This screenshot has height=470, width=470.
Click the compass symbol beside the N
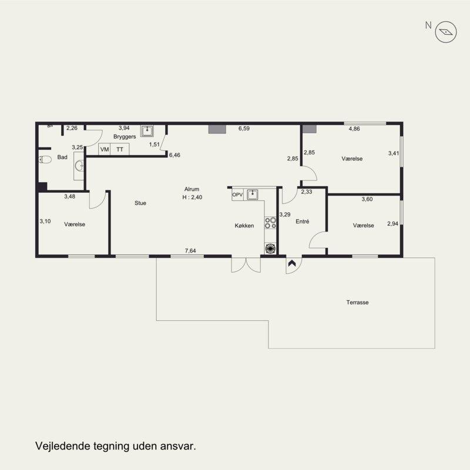pyautogui.click(x=446, y=32)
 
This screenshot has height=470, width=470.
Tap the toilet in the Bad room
pyautogui.click(x=45, y=159)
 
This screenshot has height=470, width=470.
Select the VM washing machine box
pyautogui.click(x=105, y=149)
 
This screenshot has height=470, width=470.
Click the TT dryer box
pyautogui.click(x=120, y=149)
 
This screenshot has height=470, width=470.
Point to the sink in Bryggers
pyautogui.click(x=147, y=130)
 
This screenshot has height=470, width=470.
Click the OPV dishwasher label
pyautogui.click(x=237, y=195)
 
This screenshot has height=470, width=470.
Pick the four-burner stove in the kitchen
pyautogui.click(x=270, y=223)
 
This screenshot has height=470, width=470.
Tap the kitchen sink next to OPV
pyautogui.click(x=253, y=194)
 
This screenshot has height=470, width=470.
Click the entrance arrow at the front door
pyautogui.click(x=292, y=263)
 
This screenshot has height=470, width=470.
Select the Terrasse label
pyautogui.click(x=357, y=303)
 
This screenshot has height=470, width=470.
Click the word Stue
pyautogui.click(x=140, y=203)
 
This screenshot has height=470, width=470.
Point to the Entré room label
pyautogui.click(x=302, y=221)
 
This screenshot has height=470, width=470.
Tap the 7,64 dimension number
pyautogui.click(x=190, y=251)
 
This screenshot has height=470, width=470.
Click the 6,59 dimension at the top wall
pyautogui.click(x=244, y=128)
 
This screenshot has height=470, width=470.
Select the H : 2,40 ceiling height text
pyautogui.click(x=192, y=197)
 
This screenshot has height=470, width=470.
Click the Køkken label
pyautogui.click(x=244, y=226)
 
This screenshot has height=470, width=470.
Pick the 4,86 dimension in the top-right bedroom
pyautogui.click(x=354, y=129)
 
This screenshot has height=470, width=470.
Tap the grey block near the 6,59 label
pyautogui.click(x=217, y=129)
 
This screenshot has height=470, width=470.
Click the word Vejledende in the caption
pyautogui.click(x=63, y=446)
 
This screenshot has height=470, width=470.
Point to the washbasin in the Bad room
pyautogui.click(x=79, y=166)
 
